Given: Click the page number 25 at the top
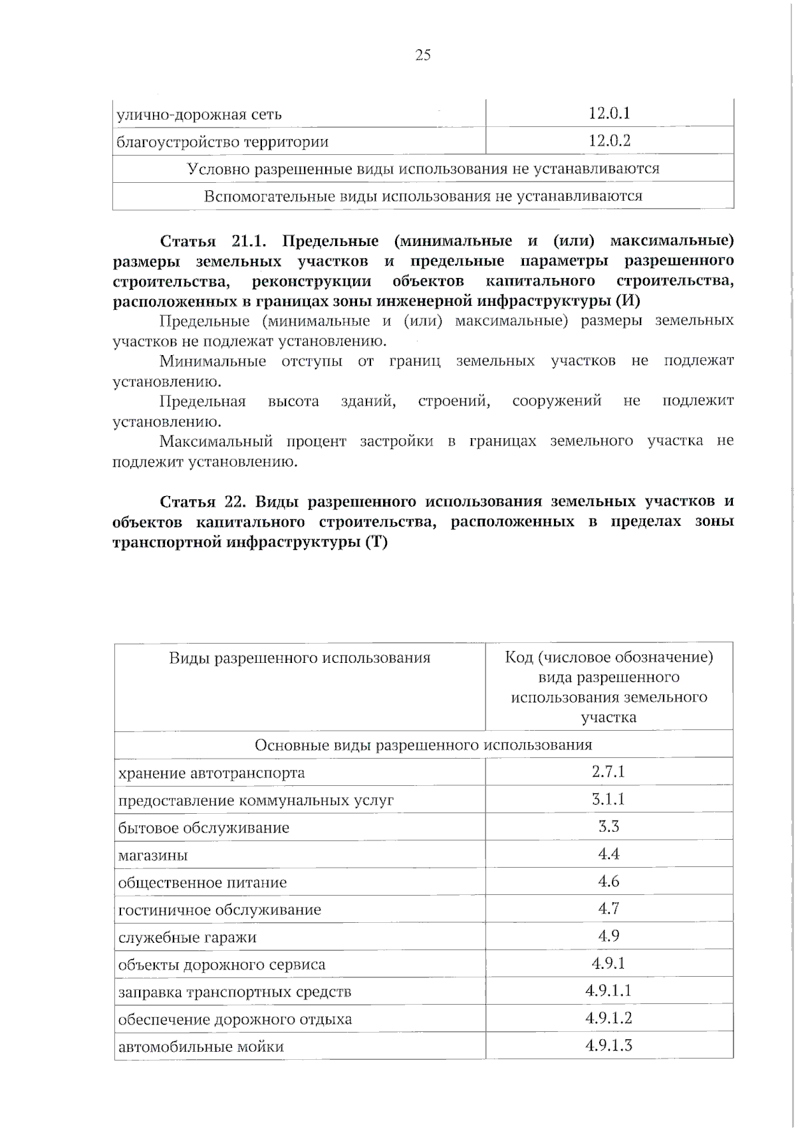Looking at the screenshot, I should [423, 55].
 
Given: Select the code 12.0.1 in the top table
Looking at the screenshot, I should [609, 113].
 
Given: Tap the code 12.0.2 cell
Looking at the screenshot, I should [609, 141].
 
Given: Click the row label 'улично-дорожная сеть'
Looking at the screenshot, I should [199, 114].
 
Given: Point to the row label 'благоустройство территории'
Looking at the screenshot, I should [223, 142].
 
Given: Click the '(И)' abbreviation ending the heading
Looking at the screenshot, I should [628, 301].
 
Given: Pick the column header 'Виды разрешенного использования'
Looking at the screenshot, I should [299, 658].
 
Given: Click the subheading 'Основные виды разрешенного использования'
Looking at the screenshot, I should [423, 745].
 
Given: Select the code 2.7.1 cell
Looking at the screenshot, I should [608, 772].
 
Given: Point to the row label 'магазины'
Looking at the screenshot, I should [153, 856].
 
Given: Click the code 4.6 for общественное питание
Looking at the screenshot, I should [608, 882].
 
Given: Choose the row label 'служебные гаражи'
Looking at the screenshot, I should [187, 938].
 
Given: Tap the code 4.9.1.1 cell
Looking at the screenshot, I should [608, 991].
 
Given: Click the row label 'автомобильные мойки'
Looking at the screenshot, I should [201, 1047].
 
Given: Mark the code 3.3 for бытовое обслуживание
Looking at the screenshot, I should [608, 826].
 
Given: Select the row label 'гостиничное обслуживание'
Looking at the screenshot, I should [219, 910].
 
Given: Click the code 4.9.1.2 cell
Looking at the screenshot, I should [608, 1018].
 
